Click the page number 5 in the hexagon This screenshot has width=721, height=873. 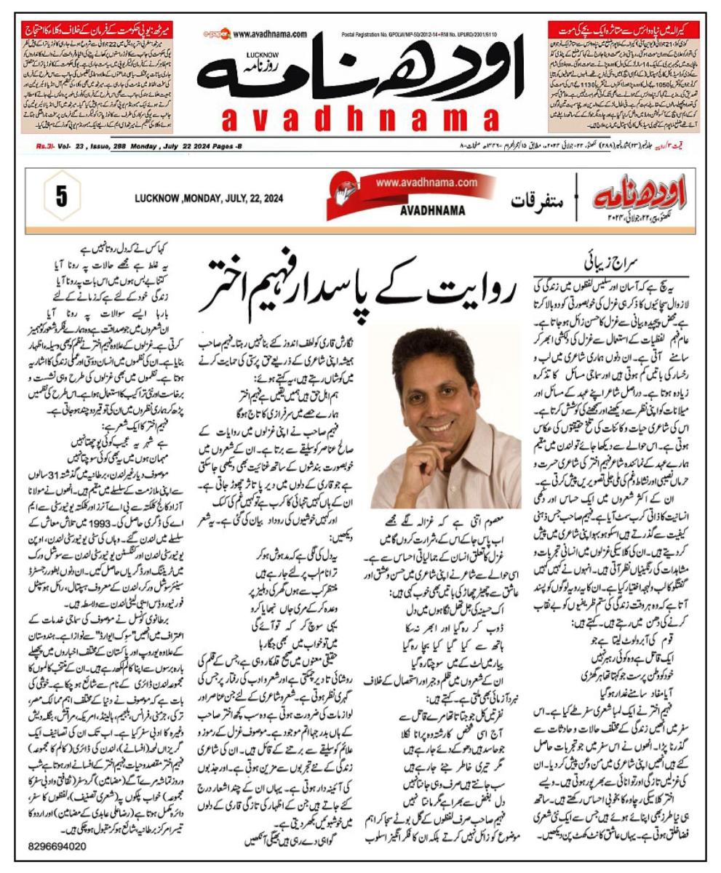click(61, 198)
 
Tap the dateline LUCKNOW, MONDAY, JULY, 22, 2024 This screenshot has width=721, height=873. click(209, 199)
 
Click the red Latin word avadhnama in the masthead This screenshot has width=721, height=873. click(360, 119)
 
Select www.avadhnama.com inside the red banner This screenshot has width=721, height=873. click(427, 183)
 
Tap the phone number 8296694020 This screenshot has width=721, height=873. click(57, 846)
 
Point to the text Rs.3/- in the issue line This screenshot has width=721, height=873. click(47, 146)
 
